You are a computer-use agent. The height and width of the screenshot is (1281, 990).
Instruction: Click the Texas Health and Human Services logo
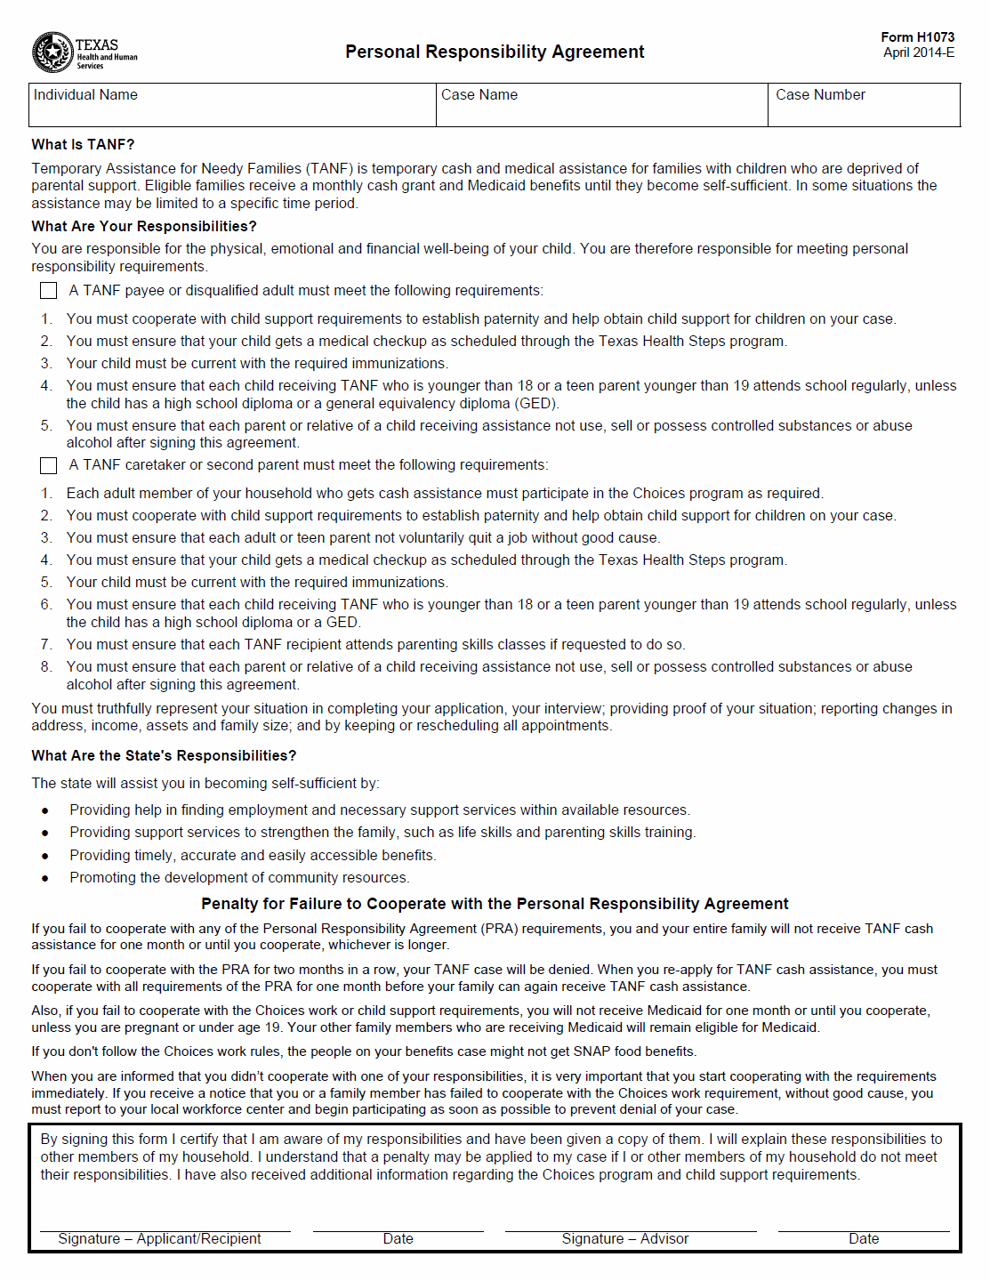coord(84,52)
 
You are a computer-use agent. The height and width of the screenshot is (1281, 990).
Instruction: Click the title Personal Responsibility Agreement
coord(495,52)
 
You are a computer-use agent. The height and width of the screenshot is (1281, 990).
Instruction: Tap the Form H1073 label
coord(917,36)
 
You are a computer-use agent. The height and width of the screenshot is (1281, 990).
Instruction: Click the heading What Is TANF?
coord(83,144)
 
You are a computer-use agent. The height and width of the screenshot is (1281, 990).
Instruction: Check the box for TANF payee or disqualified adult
coord(49,291)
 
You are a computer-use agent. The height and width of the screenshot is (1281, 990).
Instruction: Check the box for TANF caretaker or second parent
coord(49,465)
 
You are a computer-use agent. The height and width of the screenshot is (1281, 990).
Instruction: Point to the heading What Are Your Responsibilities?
coord(144,226)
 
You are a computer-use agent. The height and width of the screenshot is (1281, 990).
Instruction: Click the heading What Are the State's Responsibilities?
coord(164,755)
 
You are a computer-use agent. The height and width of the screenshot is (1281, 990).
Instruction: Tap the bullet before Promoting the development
coord(45,878)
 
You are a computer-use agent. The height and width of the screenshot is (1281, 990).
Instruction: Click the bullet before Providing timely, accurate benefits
coord(45,856)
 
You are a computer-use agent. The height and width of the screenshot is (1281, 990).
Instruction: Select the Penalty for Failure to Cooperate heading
coord(495,904)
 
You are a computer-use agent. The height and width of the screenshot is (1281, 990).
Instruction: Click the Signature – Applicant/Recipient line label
coord(159,1238)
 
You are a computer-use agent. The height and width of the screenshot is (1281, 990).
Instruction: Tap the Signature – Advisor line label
coord(624,1238)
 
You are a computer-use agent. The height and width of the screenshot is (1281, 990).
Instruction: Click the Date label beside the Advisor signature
coord(863,1238)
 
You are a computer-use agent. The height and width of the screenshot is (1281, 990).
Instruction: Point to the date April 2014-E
coord(918,52)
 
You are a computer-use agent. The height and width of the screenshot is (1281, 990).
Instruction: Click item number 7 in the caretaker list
coord(46,644)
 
